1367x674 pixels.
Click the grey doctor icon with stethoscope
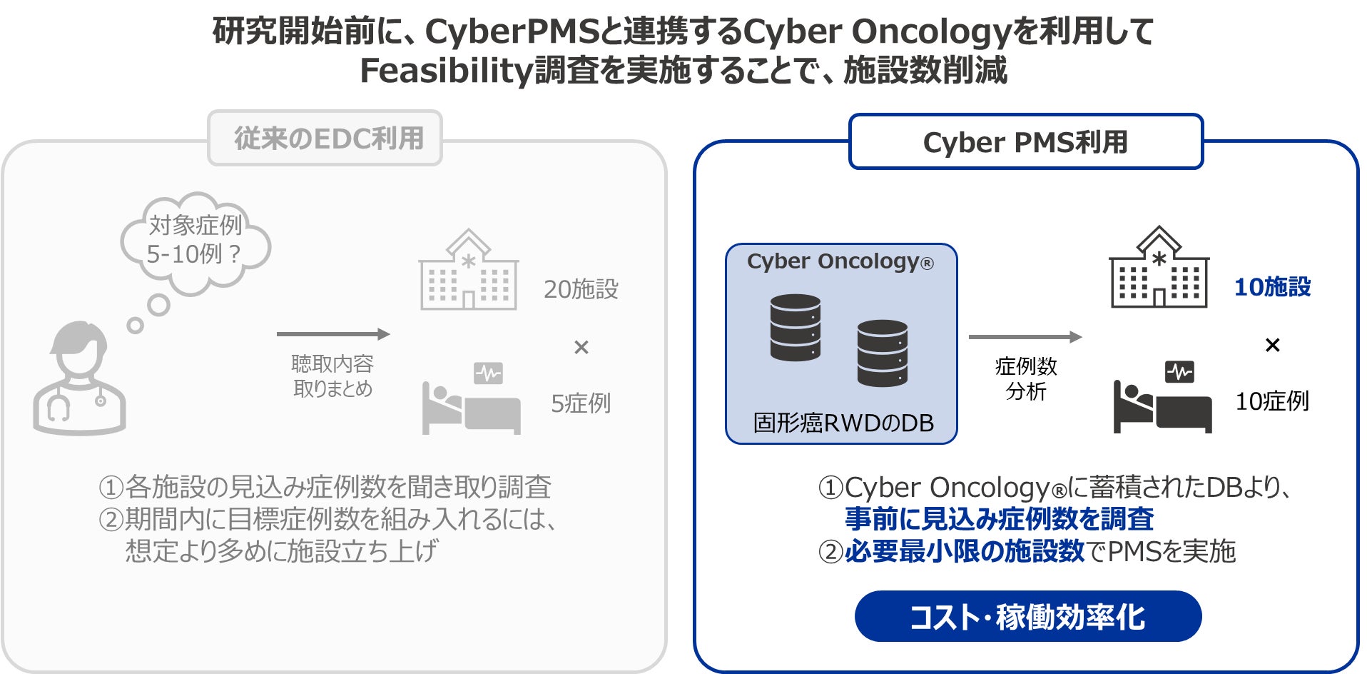[79, 378]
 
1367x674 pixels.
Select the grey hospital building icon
[468, 271]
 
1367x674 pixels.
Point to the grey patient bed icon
[471, 400]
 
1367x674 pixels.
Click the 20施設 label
[581, 289]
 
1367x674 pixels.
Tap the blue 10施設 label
[1272, 287]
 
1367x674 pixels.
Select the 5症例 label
[581, 403]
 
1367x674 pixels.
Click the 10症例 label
[1272, 401]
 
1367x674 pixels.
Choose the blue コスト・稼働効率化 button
[1027, 616]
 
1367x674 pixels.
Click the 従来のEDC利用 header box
[325, 139]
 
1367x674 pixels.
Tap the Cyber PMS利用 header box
[1025, 142]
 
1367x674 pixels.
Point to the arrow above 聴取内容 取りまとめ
[333, 333]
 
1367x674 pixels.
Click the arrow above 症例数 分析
[1025, 336]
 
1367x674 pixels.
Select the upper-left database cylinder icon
[795, 327]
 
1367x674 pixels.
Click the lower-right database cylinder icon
[882, 353]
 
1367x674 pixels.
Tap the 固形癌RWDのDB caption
[843, 423]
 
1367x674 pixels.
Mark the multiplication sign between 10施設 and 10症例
[1272, 346]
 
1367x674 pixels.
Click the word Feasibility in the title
[446, 71]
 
